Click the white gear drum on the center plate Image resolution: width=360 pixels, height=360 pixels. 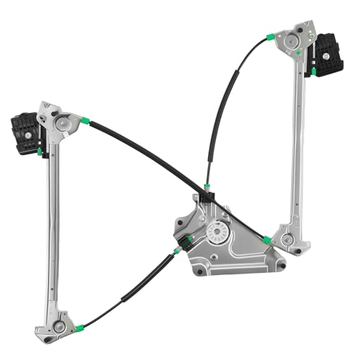216,232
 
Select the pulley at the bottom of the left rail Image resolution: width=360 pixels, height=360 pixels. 59,326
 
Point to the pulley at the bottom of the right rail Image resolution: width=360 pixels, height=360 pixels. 287,238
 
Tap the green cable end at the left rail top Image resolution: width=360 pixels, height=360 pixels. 85,120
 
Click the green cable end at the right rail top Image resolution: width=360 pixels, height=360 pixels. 270,37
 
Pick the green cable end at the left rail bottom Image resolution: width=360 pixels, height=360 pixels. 79,328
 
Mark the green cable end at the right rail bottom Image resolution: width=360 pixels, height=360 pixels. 268,240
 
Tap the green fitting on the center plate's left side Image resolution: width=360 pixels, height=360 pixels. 176,250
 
